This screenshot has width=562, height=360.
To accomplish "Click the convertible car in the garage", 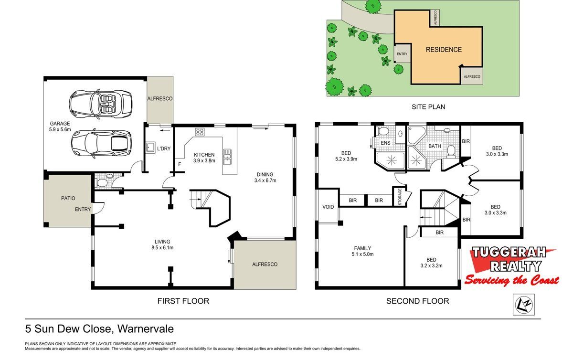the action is [x=100, y=105].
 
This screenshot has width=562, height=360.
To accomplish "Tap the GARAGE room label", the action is [x=60, y=124].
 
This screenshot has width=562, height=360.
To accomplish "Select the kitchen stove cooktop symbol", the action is [x=200, y=132].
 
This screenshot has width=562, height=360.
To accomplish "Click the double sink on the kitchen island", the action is [x=227, y=157].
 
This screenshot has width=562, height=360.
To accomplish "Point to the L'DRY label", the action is [x=164, y=148].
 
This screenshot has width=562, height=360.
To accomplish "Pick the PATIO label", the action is [x=68, y=198].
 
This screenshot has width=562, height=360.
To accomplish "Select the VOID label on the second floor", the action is [x=328, y=207].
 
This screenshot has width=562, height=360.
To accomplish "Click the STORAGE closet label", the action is [x=400, y=197].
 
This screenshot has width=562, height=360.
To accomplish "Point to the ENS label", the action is [x=385, y=143].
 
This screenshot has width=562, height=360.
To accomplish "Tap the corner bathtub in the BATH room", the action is [x=415, y=135].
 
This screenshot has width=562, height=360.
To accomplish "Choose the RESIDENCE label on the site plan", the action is [x=444, y=50].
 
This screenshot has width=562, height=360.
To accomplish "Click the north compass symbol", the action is [x=524, y=305].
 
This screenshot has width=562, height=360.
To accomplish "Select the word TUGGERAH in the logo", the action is [x=509, y=253].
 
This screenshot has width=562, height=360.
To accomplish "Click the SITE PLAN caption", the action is [x=428, y=106].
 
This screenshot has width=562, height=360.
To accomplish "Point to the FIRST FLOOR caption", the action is [x=183, y=301].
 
